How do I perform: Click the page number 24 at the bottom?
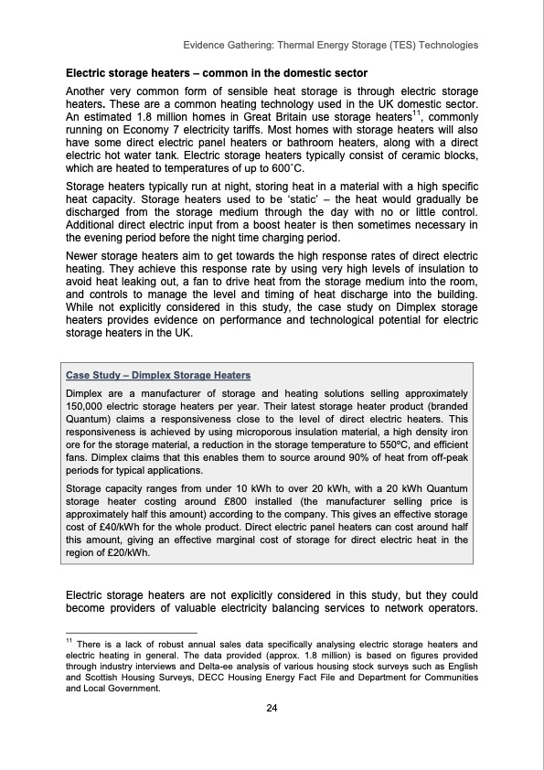(272, 709)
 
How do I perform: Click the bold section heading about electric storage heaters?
(216, 72)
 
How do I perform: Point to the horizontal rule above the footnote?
(132, 632)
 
